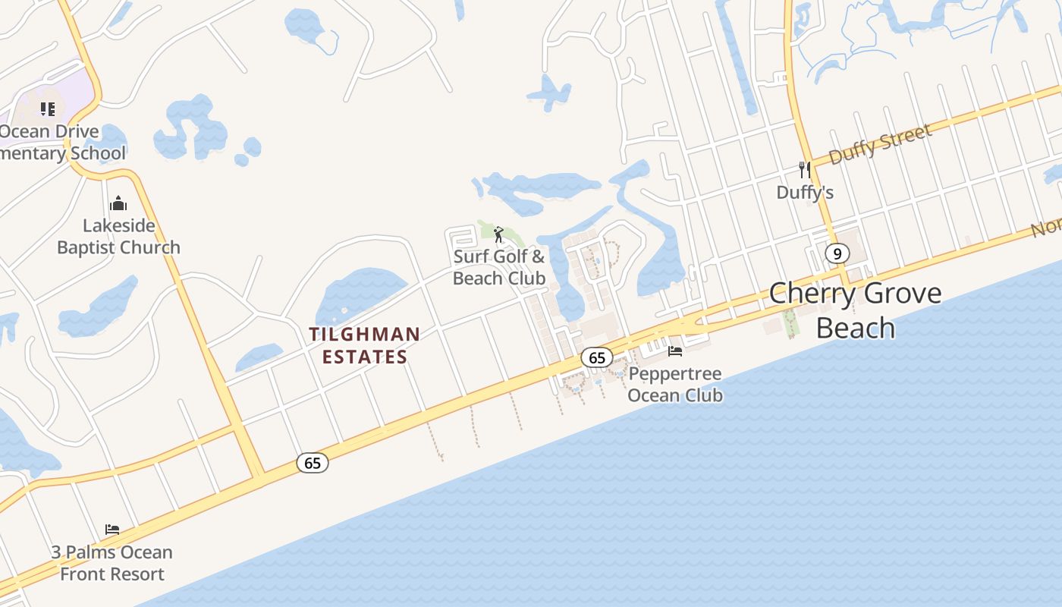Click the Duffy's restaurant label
click(805, 193)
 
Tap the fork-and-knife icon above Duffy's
click(804, 170)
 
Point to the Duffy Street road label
click(880, 144)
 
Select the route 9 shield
click(837, 253)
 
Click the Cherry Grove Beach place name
click(855, 310)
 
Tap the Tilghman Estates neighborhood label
click(364, 345)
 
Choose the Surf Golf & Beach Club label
click(499, 267)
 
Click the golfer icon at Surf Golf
click(498, 234)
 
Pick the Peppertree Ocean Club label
click(674, 385)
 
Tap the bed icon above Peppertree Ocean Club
click(674, 351)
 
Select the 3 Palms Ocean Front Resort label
click(112, 563)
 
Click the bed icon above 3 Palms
click(112, 529)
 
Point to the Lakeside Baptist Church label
click(118, 236)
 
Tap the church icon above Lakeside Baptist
click(118, 203)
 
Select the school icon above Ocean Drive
click(48, 109)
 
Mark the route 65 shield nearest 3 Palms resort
click(312, 462)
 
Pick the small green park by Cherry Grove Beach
click(790, 322)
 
